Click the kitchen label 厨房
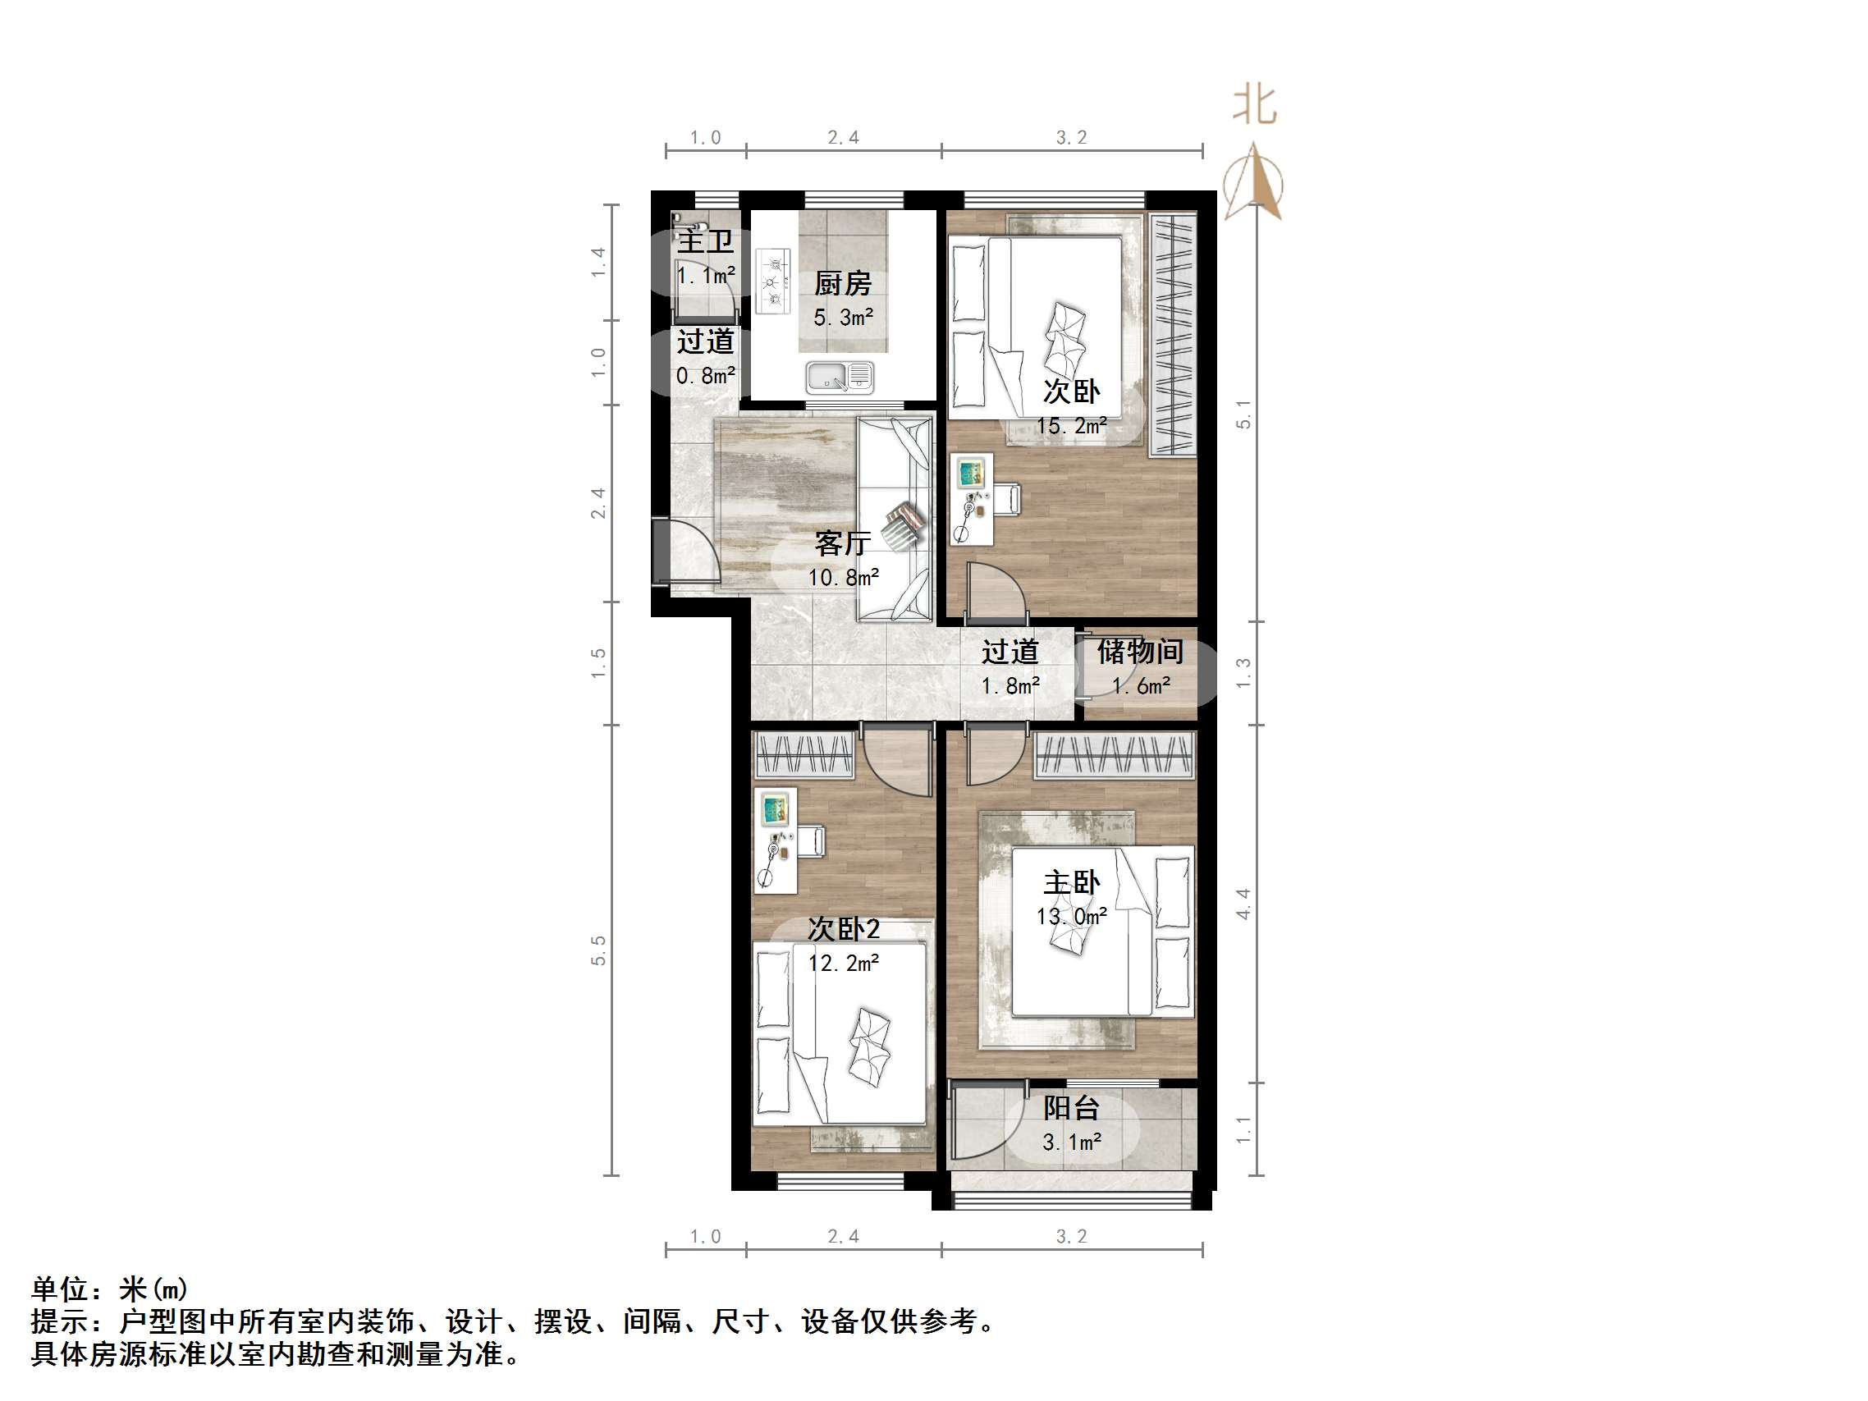pos(842,284)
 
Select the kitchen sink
pos(839,377)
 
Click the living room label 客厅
pos(842,543)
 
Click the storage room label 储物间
pos(1139,651)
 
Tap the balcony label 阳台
pos(1071,1108)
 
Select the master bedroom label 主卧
pos(1071,883)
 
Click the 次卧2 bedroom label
pos(843,929)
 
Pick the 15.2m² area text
pos(1071,426)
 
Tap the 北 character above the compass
pos(1255,107)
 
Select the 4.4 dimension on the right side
pos(1243,904)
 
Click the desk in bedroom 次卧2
pos(776,840)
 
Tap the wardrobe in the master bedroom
pos(1115,754)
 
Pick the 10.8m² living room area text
pos(843,578)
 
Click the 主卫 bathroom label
pos(705,241)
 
